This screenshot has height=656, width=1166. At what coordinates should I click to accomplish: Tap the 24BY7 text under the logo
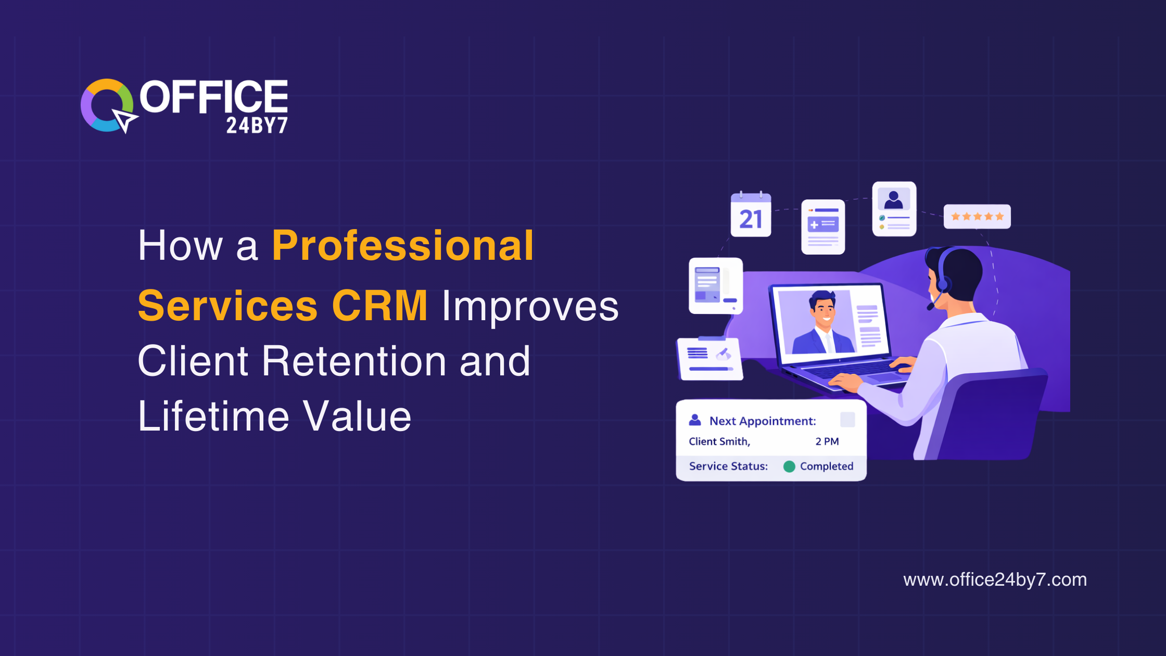pos(257,125)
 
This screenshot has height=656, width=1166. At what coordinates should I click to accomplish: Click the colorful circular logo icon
pos(107,106)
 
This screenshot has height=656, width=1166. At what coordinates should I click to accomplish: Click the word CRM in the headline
pos(379,306)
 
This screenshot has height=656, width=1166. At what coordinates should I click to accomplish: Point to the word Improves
pos(530,307)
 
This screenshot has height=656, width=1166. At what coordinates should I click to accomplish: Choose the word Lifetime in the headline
pos(213,417)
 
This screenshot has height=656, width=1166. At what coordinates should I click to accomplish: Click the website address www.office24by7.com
pos(995,579)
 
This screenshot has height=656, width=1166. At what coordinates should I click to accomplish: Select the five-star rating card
pos(977,217)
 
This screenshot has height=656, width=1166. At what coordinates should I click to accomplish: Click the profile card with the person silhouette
pos(894,209)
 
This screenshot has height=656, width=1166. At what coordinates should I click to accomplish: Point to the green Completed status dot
pos(789,466)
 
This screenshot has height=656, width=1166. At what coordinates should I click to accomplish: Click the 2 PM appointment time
pos(827,441)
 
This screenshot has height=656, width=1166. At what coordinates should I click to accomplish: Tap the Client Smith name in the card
pos(719,441)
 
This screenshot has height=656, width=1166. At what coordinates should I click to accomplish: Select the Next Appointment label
pos(763,421)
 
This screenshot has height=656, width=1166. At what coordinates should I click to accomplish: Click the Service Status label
pos(728,466)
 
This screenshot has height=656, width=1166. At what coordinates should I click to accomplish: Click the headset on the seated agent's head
pos(943,276)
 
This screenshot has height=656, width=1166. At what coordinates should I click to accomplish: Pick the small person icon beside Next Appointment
pos(695,420)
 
